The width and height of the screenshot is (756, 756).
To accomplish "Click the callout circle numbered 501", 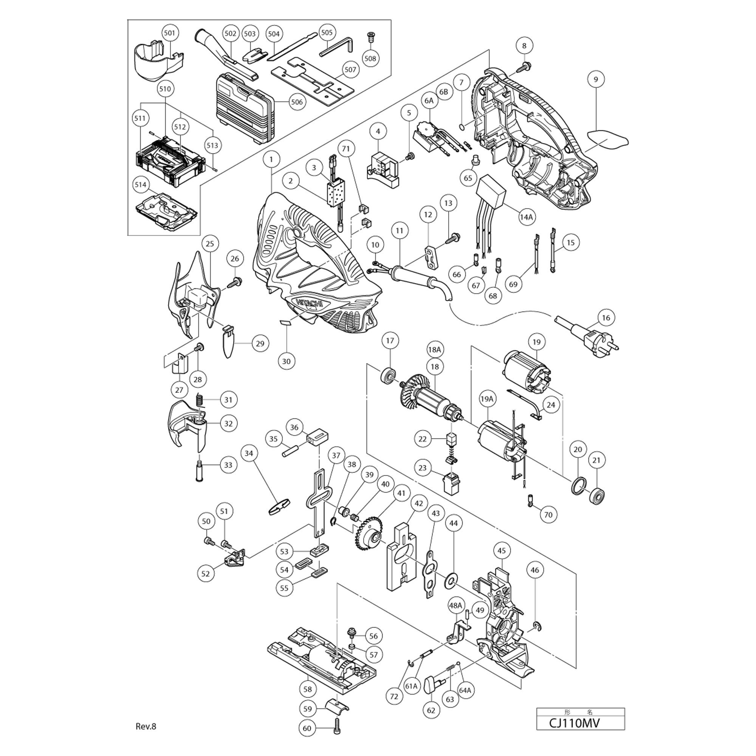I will (169, 33).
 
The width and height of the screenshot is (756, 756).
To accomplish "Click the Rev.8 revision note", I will (146, 726).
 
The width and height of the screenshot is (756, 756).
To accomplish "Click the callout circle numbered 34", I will (249, 453).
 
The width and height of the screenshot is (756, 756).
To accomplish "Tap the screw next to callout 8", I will (522, 67).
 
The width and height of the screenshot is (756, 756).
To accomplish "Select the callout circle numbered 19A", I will (487, 399).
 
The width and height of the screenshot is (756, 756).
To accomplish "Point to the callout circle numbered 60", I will (307, 728).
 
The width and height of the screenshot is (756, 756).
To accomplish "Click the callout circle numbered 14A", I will (526, 216).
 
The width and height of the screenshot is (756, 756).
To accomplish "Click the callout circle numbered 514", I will (141, 184).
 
